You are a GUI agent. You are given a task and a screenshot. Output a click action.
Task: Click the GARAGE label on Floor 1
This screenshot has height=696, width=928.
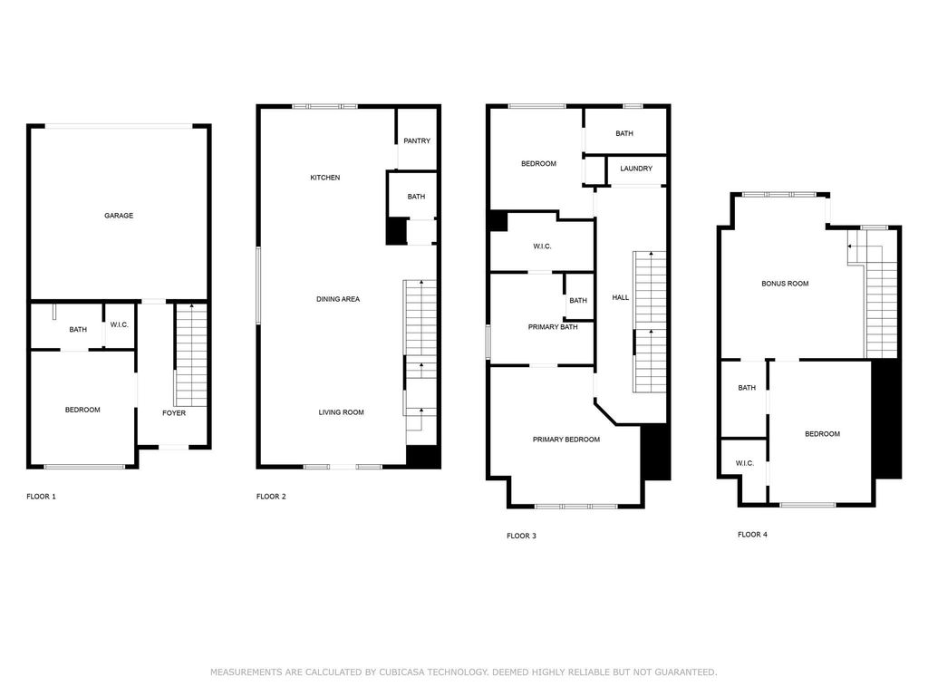(119, 216)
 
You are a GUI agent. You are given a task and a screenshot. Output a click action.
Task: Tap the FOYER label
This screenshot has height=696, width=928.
(174, 413)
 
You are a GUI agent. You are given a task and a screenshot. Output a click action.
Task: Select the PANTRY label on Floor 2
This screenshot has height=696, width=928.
(417, 140)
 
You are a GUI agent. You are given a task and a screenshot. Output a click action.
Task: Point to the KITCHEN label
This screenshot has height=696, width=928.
(325, 178)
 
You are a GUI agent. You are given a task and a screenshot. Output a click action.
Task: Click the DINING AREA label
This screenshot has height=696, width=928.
(338, 299)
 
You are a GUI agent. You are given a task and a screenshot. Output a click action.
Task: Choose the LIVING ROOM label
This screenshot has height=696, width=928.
(341, 412)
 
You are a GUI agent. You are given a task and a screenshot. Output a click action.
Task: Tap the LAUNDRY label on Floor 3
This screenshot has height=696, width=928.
(636, 169)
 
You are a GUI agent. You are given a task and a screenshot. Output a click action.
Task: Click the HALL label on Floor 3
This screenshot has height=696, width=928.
(620, 297)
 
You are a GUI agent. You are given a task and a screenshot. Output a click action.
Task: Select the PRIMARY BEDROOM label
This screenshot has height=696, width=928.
(565, 440)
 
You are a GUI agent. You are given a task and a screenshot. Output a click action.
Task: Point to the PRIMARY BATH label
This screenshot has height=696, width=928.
(553, 327)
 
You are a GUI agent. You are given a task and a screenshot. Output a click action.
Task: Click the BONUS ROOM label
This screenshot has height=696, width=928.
(785, 284)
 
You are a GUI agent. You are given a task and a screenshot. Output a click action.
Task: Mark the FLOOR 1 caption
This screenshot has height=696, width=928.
(41, 497)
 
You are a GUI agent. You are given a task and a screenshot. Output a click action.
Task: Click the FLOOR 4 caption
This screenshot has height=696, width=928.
(752, 535)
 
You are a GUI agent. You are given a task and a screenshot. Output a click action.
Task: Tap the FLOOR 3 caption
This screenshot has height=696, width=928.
(521, 536)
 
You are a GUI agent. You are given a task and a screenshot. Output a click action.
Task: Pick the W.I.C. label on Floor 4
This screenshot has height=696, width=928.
(745, 463)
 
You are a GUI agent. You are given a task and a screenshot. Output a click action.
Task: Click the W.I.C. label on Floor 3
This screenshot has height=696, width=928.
(542, 246)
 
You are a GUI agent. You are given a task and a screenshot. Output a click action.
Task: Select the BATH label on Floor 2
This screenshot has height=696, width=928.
(416, 197)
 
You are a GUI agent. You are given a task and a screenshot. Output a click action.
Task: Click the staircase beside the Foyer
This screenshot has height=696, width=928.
(191, 355)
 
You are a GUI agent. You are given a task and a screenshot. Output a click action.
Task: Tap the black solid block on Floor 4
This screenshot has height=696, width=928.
(886, 419)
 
